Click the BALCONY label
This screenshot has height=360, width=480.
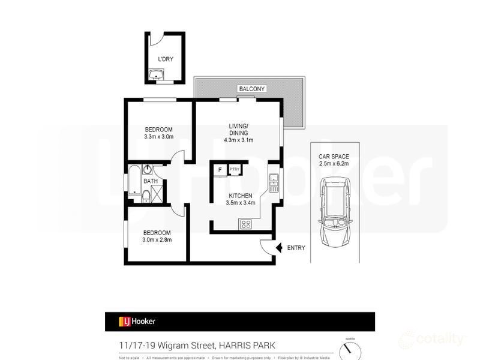[251, 89]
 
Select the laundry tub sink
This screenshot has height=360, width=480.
[157, 75]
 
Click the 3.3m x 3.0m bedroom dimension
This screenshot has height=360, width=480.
[158, 137]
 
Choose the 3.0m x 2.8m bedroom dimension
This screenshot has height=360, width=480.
[157, 240]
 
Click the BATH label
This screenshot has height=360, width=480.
[150, 181]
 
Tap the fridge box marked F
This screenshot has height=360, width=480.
[220, 170]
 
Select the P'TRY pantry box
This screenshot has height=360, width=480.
[234, 170]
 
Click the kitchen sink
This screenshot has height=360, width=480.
[274, 182]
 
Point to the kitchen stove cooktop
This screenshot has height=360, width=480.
[246, 224]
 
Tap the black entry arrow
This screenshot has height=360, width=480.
[278, 247]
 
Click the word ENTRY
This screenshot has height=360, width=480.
[296, 248]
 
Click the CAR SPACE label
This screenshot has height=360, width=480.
[334, 156]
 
